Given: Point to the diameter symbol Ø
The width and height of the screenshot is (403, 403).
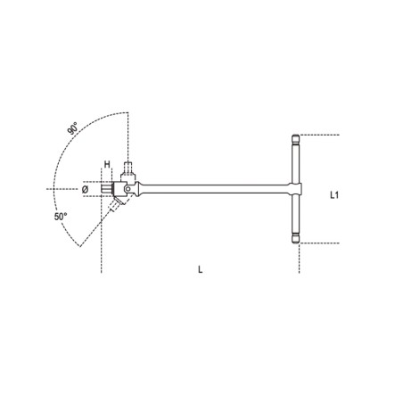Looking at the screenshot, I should (x=85, y=189).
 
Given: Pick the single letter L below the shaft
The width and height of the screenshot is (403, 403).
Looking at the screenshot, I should (x=200, y=272).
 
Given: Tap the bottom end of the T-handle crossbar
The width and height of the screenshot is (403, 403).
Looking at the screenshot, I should (x=297, y=238).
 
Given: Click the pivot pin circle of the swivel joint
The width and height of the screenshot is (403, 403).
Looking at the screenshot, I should (x=131, y=189).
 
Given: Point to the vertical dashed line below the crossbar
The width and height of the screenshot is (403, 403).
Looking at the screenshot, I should (x=297, y=259).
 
